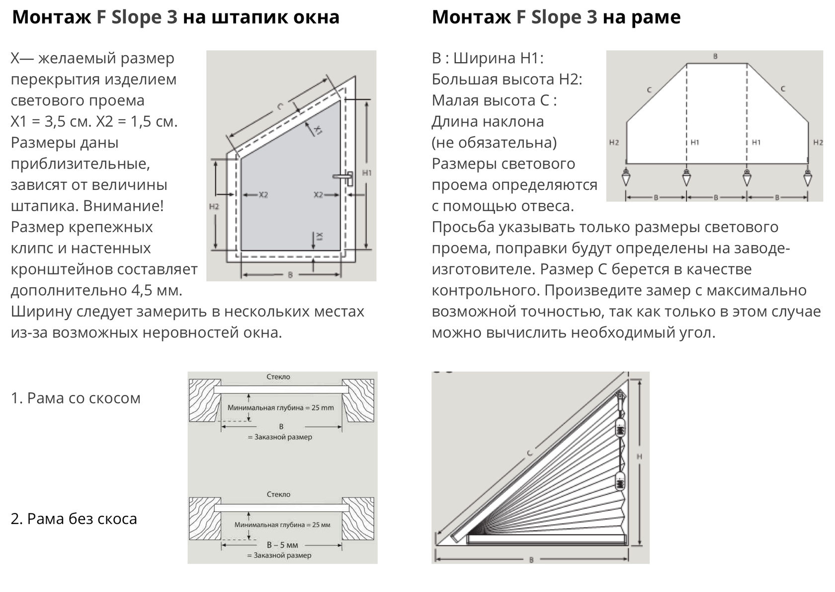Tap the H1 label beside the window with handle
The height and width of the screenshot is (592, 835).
367,173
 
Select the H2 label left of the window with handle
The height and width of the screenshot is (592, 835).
214,207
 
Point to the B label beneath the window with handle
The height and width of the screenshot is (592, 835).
290,275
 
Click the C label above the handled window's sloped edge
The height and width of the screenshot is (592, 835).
280,106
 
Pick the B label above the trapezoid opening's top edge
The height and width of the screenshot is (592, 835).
716,57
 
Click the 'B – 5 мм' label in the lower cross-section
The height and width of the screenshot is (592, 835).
282,544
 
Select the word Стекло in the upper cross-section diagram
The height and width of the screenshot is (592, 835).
278,377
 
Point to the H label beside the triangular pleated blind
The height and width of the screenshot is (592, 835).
640,457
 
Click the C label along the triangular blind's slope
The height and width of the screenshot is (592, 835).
530,453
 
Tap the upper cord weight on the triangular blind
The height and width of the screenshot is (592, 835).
620,428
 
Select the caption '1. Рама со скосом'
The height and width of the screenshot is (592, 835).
76,398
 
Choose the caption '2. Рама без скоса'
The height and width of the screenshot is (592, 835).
74,518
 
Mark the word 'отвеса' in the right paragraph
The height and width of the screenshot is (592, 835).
546,206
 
